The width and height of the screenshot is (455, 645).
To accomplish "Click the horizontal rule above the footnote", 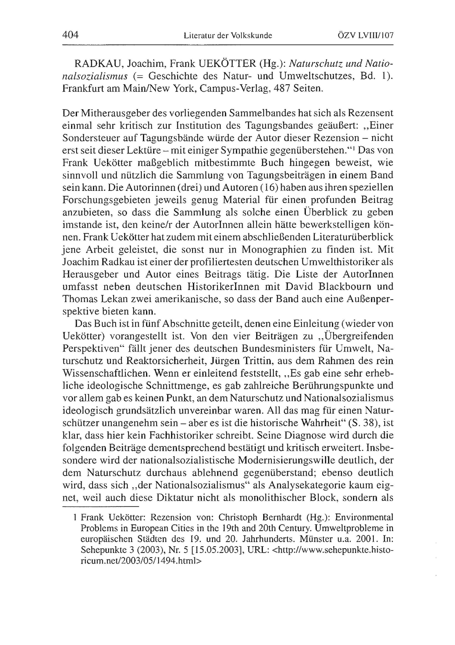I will [x=101, y=507].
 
